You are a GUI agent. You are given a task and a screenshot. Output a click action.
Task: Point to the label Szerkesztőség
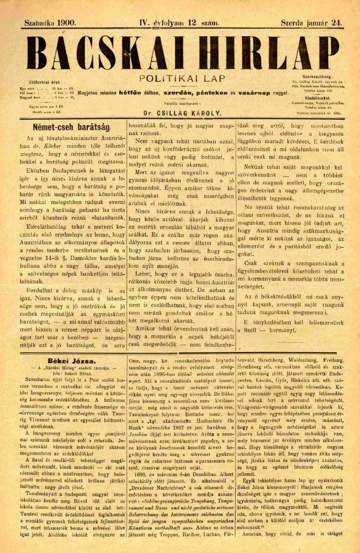313,76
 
